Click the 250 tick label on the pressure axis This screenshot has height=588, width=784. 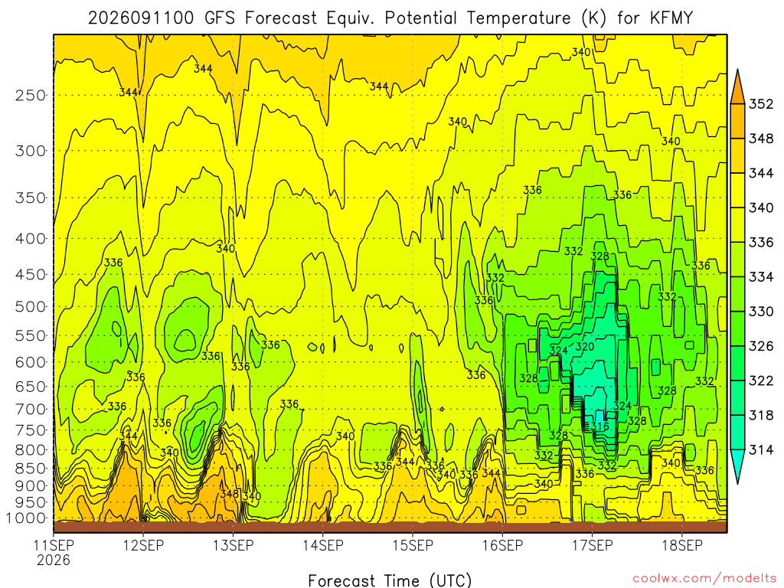[x=31, y=95]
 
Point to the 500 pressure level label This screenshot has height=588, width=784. [x=31, y=306]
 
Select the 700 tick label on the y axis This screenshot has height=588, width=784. [x=31, y=409]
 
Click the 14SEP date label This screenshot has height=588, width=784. [x=323, y=545]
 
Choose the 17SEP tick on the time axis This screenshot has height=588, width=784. [x=593, y=545]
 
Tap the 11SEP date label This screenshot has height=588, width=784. [x=54, y=545]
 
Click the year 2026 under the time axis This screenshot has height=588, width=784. [x=54, y=560]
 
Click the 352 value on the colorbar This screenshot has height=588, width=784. [x=761, y=104]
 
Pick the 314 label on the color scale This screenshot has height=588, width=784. [x=761, y=450]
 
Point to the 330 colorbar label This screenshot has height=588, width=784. [x=761, y=312]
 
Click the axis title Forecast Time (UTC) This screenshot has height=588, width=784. [x=390, y=580]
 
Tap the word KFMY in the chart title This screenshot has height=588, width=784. [x=671, y=18]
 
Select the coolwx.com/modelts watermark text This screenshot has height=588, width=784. [x=704, y=579]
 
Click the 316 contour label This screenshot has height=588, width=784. [x=599, y=426]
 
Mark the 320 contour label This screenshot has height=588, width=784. [x=584, y=347]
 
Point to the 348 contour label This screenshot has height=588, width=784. [x=230, y=494]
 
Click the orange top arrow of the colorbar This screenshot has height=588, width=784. [x=738, y=87]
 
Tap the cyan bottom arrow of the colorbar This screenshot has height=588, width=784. [x=738, y=467]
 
